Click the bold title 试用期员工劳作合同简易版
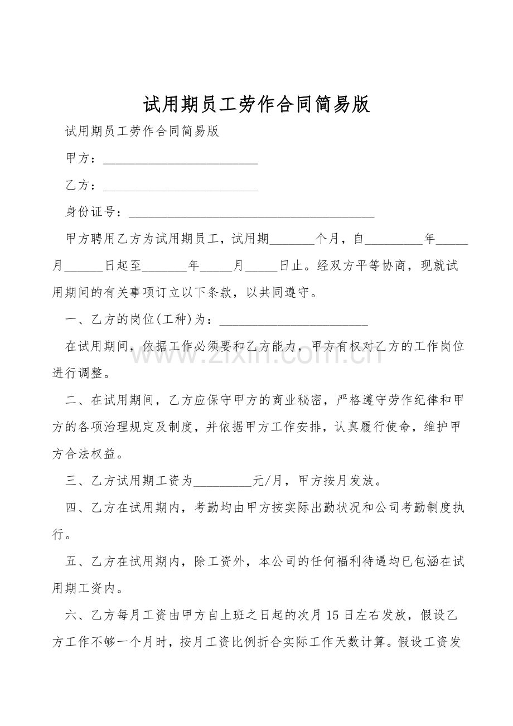256,104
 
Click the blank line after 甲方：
181,160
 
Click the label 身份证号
90,212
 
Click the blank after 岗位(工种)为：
294,321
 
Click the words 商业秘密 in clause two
298,400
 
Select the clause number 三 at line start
71,480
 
